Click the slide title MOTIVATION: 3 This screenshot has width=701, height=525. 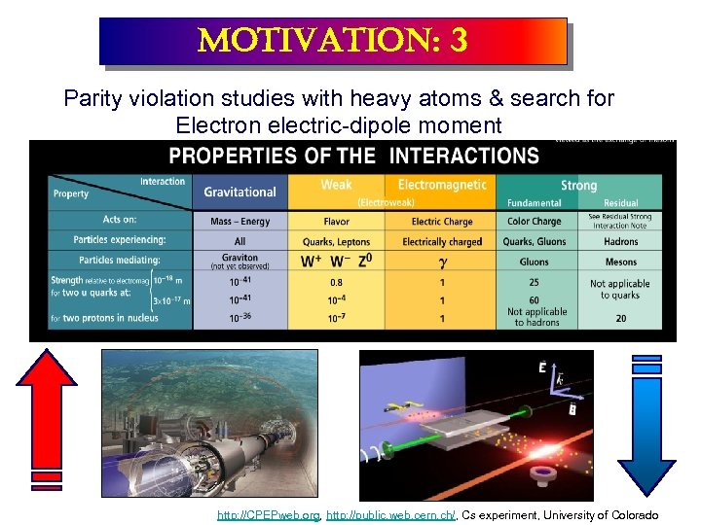332,40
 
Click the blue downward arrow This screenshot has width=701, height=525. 646,428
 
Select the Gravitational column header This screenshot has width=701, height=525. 240,192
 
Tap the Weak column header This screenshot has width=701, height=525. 338,185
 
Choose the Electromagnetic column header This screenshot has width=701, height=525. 443,185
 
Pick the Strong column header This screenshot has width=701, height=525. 578,185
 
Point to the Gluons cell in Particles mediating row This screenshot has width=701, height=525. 535,262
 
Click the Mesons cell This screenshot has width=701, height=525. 620,262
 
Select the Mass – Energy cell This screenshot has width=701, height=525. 240,222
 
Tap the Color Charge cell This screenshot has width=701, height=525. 535,222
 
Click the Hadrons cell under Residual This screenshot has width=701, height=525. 620,241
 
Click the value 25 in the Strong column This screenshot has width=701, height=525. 535,283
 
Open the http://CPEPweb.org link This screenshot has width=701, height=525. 268,515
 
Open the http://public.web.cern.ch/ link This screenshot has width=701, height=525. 390,515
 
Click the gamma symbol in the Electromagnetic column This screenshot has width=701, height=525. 443,262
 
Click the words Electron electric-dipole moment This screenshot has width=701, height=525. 339,124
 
